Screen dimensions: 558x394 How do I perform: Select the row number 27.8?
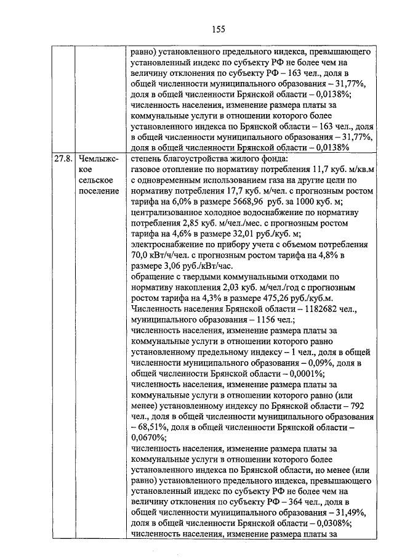point(62,158)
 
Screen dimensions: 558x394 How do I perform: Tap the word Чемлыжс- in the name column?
point(99,158)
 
